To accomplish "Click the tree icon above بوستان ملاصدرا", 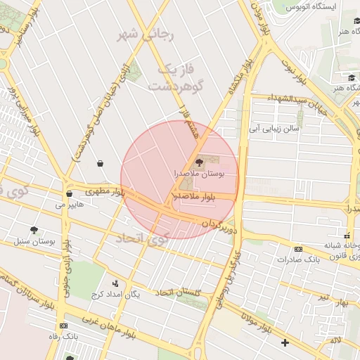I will click(199, 162).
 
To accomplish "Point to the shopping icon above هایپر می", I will click(69, 194).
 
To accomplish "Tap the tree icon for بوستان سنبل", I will click(34, 230).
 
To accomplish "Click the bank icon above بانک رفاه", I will click(65, 326).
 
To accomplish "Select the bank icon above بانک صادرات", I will click(298, 249).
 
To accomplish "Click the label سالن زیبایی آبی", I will click(275, 129).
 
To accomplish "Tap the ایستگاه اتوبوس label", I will click(310, 6).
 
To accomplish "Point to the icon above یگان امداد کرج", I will click(115, 283).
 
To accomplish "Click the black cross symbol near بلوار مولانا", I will click(284, 343).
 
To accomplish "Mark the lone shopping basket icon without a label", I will click(100, 163).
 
